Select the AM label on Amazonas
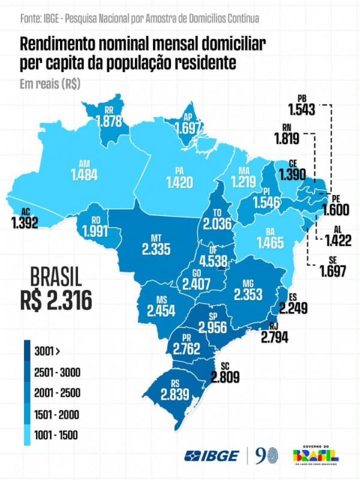[85, 163]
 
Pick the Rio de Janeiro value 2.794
[275, 337]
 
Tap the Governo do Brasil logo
[315, 455]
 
